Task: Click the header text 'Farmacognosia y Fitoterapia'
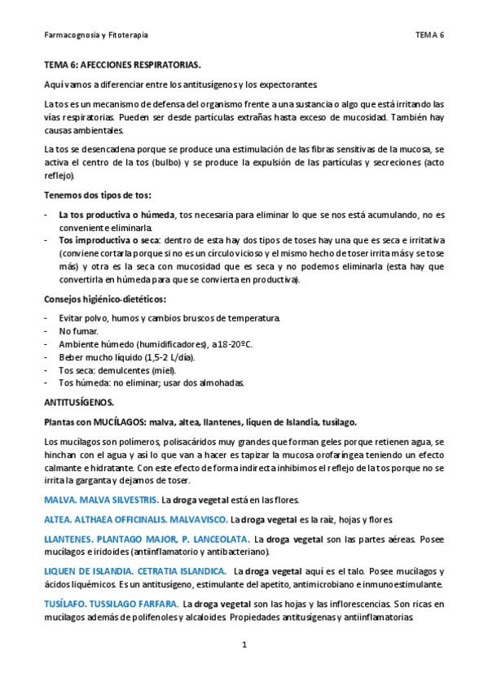pyautogui.click(x=95, y=36)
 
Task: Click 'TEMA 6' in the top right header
pyautogui.click(x=429, y=36)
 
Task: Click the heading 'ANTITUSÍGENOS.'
pyautogui.click(x=78, y=402)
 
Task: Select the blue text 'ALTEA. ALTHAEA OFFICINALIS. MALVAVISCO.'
pyautogui.click(x=134, y=519)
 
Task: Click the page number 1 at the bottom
pyautogui.click(x=244, y=645)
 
